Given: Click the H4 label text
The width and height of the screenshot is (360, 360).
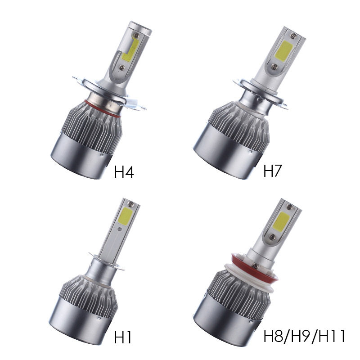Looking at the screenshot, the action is point(124,172).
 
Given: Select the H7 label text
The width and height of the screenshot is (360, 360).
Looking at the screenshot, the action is point(273,171).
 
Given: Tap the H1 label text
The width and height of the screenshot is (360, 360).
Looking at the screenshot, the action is point(123,337).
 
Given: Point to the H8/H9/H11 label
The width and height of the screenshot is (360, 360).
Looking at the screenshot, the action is point(305,336).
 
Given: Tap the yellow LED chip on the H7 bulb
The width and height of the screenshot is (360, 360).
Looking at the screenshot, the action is point(284,50).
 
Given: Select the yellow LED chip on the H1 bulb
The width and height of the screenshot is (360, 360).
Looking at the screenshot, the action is point(125,216).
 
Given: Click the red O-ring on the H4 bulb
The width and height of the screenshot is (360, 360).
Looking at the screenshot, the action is point(102,109).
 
